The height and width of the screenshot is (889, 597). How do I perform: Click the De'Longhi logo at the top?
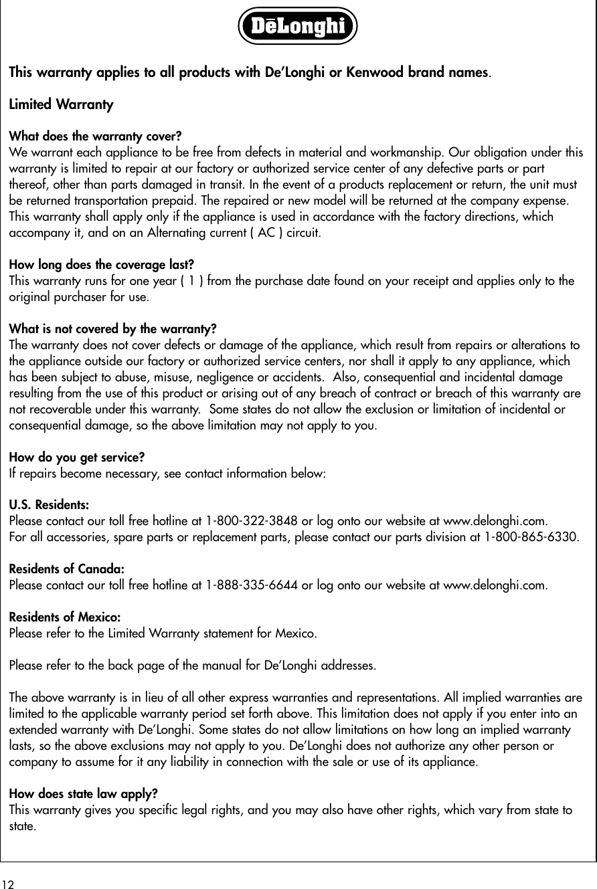click(x=298, y=26)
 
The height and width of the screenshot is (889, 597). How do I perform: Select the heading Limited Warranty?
click(x=61, y=105)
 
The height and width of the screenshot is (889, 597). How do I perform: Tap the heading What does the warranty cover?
click(x=95, y=138)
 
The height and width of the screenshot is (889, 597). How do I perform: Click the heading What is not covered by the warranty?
click(x=112, y=329)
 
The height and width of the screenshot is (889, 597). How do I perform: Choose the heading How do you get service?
click(x=77, y=458)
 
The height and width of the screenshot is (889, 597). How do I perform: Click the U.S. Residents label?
click(x=49, y=505)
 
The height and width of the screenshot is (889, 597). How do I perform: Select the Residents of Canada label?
click(x=66, y=569)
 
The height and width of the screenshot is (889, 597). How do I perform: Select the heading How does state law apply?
click(x=83, y=794)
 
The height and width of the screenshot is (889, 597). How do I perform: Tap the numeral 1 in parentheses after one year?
click(x=193, y=281)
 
